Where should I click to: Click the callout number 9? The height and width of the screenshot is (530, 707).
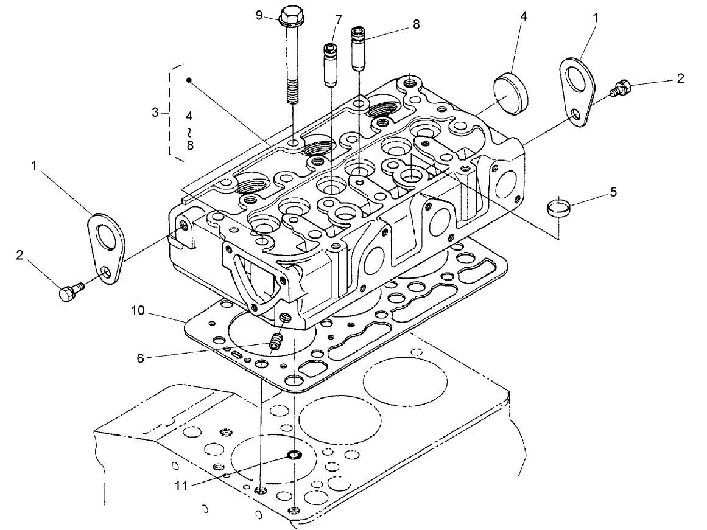(258, 15)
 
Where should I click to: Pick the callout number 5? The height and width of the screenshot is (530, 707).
(613, 192)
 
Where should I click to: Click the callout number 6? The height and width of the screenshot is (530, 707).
(141, 358)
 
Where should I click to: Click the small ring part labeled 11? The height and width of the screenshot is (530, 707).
(294, 455)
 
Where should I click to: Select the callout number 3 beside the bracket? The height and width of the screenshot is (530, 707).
(155, 113)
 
